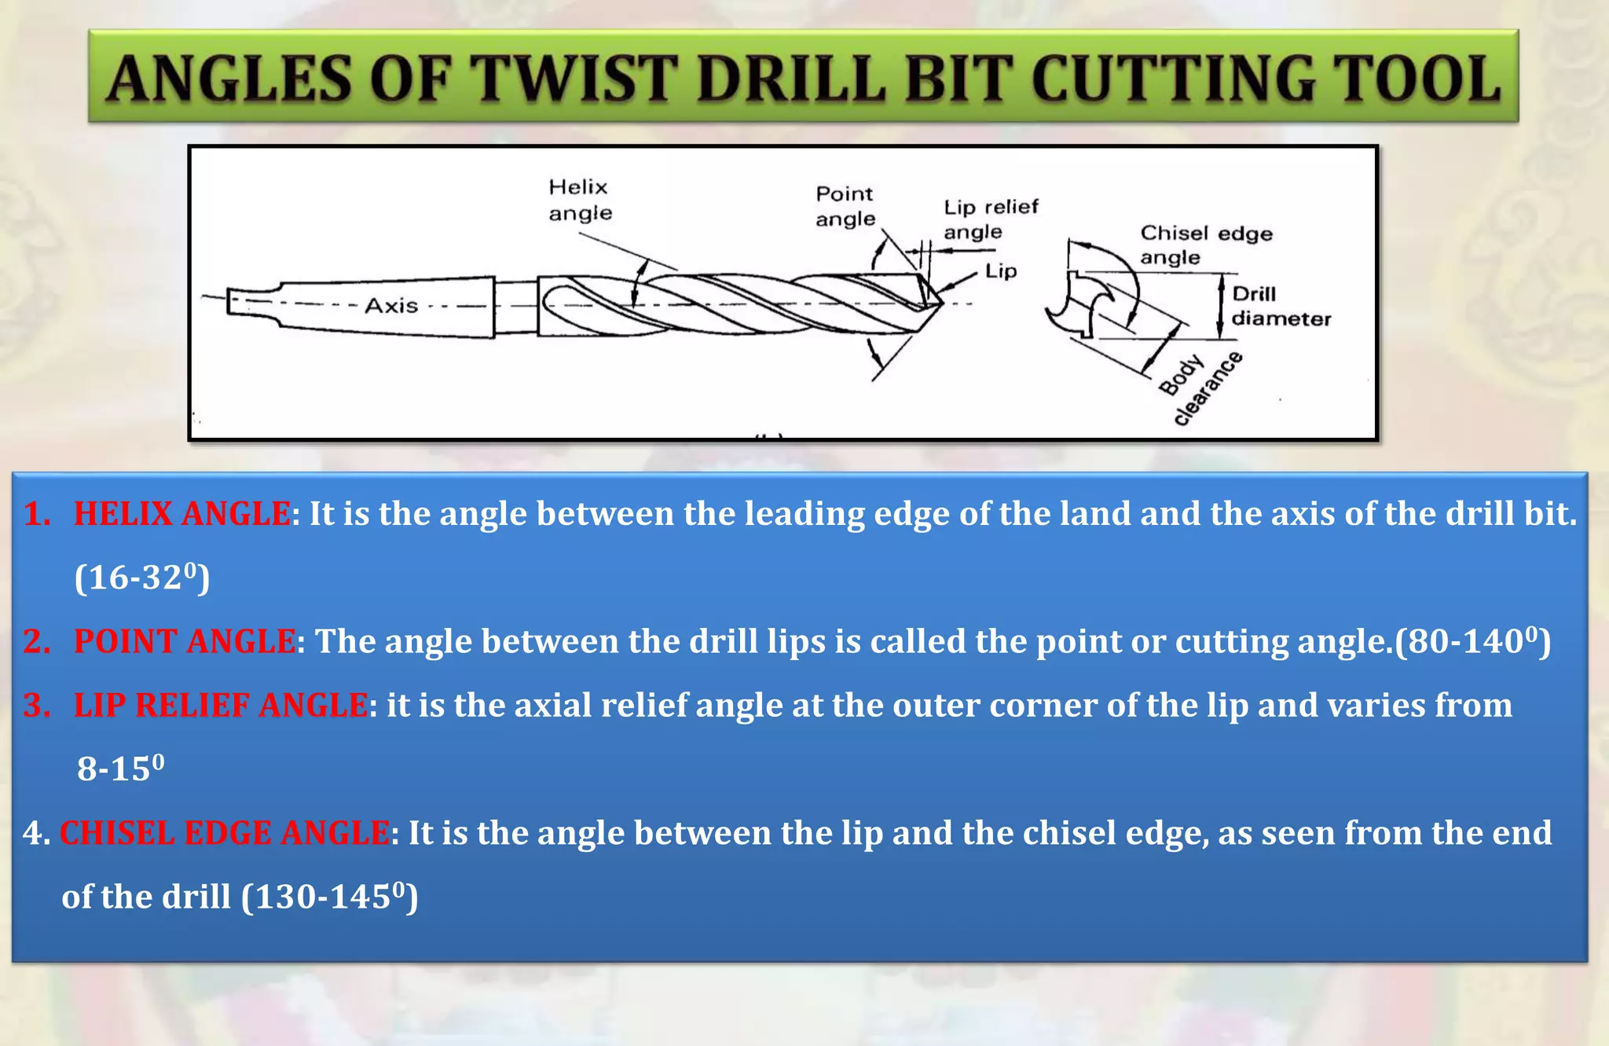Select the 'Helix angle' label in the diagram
(x=580, y=200)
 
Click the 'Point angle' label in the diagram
(x=845, y=206)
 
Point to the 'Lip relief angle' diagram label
(x=990, y=218)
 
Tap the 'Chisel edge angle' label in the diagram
(x=1205, y=244)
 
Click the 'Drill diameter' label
(x=1281, y=306)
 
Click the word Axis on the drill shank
(x=391, y=305)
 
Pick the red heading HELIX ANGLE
(x=181, y=514)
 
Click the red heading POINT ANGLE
(x=185, y=641)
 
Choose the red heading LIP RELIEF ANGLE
(x=220, y=705)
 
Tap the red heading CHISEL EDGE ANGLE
(x=225, y=833)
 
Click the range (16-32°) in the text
(x=142, y=578)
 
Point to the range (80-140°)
(x=1472, y=641)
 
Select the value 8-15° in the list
(x=120, y=768)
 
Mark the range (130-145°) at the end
(x=329, y=897)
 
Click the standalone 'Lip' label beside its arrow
(x=1001, y=271)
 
